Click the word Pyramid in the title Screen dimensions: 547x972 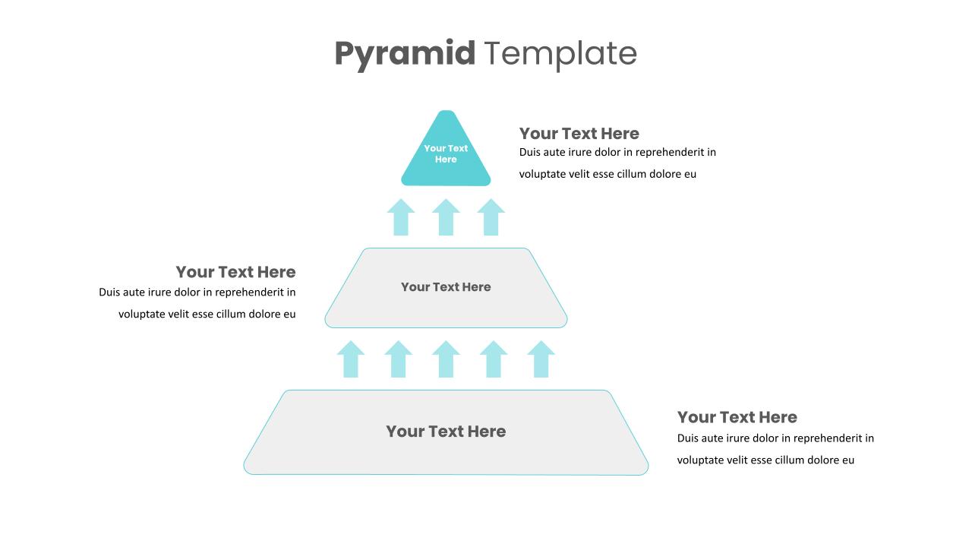(404, 54)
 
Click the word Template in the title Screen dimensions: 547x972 (560, 54)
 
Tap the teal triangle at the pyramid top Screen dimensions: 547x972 (446, 163)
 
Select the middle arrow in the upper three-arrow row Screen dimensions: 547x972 (446, 218)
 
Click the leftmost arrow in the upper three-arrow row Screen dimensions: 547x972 (401, 218)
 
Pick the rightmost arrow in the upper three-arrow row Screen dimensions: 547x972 (491, 218)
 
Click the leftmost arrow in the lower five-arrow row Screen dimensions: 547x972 (351, 360)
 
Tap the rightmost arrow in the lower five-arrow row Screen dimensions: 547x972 (541, 360)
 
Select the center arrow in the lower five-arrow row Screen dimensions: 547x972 (446, 360)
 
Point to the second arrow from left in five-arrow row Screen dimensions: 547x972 (398, 360)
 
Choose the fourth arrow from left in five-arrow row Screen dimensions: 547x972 (494, 360)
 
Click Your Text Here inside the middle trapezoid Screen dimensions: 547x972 (446, 287)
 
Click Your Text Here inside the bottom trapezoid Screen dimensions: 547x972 (446, 432)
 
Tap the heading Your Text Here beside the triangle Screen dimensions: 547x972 (579, 134)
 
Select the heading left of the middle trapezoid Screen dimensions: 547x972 (235, 272)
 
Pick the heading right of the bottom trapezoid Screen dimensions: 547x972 (737, 417)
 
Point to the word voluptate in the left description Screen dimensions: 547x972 (142, 314)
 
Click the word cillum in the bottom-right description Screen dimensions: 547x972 (790, 460)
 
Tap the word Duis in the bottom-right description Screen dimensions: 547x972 (688, 438)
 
